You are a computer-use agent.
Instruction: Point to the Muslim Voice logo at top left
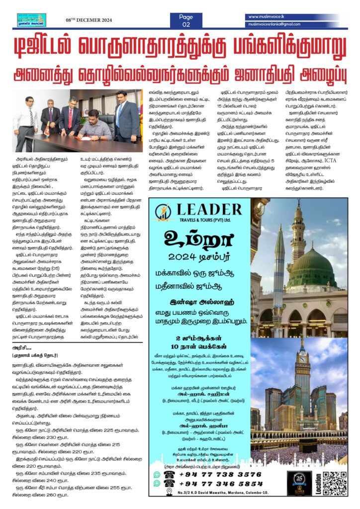point(31,20)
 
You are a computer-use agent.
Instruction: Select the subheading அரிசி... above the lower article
point(18,348)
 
